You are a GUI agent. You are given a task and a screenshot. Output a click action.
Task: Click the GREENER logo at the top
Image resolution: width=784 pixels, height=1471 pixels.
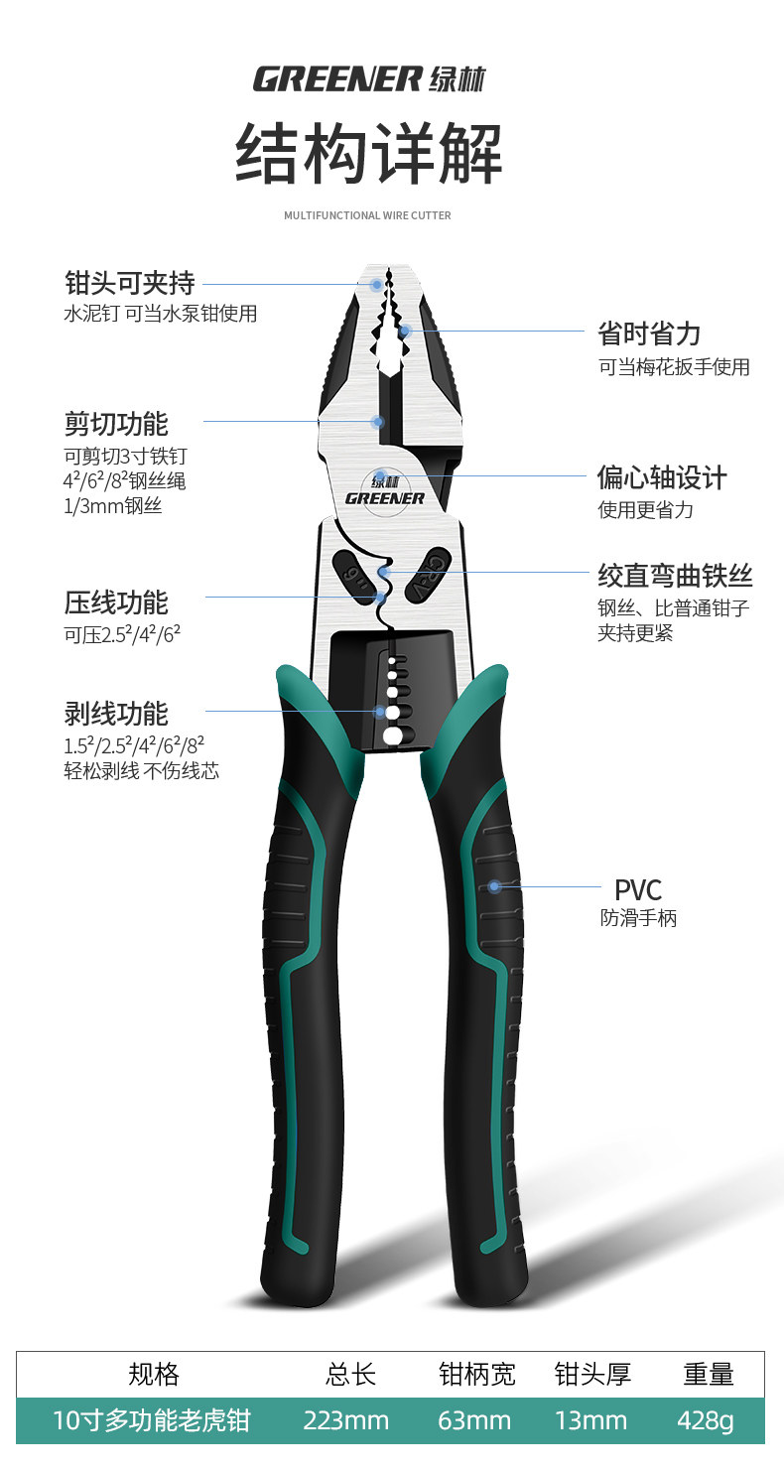[369, 78]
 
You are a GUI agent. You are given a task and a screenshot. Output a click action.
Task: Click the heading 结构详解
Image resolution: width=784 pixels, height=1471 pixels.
[368, 155]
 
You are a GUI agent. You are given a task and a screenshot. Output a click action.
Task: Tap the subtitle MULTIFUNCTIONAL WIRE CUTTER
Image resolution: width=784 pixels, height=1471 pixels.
[367, 215]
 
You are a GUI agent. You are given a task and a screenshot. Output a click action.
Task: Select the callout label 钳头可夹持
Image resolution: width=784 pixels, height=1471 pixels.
[129, 284]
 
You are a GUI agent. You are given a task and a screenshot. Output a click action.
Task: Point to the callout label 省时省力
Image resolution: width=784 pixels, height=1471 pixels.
[649, 334]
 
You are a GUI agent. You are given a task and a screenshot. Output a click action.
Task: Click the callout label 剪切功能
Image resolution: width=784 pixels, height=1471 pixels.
[116, 424]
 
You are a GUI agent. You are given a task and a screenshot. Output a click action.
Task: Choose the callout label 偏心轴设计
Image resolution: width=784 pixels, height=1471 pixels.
[662, 477]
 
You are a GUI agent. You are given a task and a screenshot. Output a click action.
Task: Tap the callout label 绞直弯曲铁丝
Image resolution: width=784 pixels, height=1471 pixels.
[675, 575]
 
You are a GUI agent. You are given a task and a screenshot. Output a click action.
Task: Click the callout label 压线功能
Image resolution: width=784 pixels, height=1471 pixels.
[116, 602]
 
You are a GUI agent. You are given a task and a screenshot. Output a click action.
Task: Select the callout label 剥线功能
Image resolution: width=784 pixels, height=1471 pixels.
[116, 714]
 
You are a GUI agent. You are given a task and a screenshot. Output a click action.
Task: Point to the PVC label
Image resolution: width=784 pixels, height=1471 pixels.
[637, 889]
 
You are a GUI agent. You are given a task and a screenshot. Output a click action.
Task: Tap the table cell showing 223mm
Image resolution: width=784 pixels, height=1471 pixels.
[345, 1421]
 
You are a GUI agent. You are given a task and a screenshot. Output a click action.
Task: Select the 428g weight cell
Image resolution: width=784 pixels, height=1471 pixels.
[706, 1421]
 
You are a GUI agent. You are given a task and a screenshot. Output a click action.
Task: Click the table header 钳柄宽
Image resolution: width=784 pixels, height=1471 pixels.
[476, 1374]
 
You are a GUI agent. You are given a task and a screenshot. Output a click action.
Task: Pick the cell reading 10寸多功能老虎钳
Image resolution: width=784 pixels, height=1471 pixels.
[151, 1421]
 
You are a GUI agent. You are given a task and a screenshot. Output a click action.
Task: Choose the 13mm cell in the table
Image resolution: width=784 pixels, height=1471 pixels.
[590, 1421]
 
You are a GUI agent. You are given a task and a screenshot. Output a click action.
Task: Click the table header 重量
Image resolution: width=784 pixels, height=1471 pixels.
[708, 1374]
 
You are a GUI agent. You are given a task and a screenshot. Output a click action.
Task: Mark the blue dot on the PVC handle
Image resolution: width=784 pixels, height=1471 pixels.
[494, 886]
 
